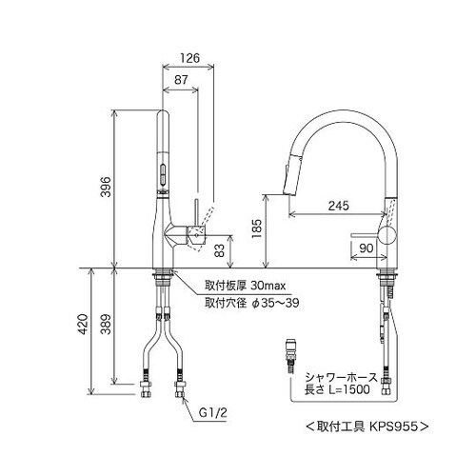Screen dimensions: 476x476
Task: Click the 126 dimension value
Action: click(x=190, y=58)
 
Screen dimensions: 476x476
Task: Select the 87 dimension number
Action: click(x=181, y=80)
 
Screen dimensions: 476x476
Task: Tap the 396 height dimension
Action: click(x=107, y=187)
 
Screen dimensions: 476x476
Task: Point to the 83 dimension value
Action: click(x=220, y=250)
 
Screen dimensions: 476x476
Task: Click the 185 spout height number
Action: click(x=256, y=228)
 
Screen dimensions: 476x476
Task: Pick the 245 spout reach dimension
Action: click(x=338, y=206)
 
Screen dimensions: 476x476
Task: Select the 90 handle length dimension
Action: click(x=367, y=248)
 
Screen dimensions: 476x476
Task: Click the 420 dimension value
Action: click(x=83, y=325)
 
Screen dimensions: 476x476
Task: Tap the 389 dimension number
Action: click(x=107, y=325)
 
